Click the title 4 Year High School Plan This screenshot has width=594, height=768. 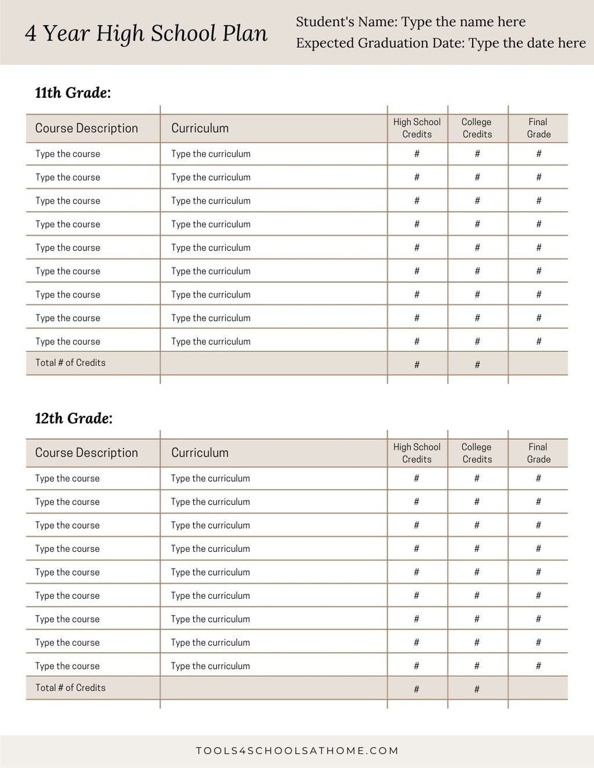[146, 34]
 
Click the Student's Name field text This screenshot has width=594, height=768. [411, 22]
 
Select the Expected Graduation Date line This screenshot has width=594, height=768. [441, 43]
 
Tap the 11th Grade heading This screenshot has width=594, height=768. [73, 93]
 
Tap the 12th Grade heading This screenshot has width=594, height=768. [74, 418]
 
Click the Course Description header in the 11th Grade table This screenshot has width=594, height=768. [86, 128]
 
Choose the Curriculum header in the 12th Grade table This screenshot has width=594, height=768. [200, 453]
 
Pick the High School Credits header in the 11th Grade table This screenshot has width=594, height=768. [417, 128]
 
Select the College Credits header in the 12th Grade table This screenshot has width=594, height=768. [477, 453]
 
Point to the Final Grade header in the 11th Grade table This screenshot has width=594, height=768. [538, 128]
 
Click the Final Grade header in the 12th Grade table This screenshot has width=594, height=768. [538, 453]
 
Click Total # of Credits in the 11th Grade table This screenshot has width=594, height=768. [70, 363]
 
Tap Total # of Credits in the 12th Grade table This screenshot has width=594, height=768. [70, 688]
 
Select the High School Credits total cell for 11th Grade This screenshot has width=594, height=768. [416, 365]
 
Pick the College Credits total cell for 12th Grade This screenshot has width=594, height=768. [477, 689]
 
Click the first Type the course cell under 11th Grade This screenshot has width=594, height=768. [67, 154]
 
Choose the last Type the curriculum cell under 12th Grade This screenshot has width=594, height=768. [210, 666]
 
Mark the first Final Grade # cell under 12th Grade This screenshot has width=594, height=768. [538, 478]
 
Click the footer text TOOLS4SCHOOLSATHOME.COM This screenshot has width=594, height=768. [297, 751]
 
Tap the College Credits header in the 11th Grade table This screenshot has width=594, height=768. [477, 128]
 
